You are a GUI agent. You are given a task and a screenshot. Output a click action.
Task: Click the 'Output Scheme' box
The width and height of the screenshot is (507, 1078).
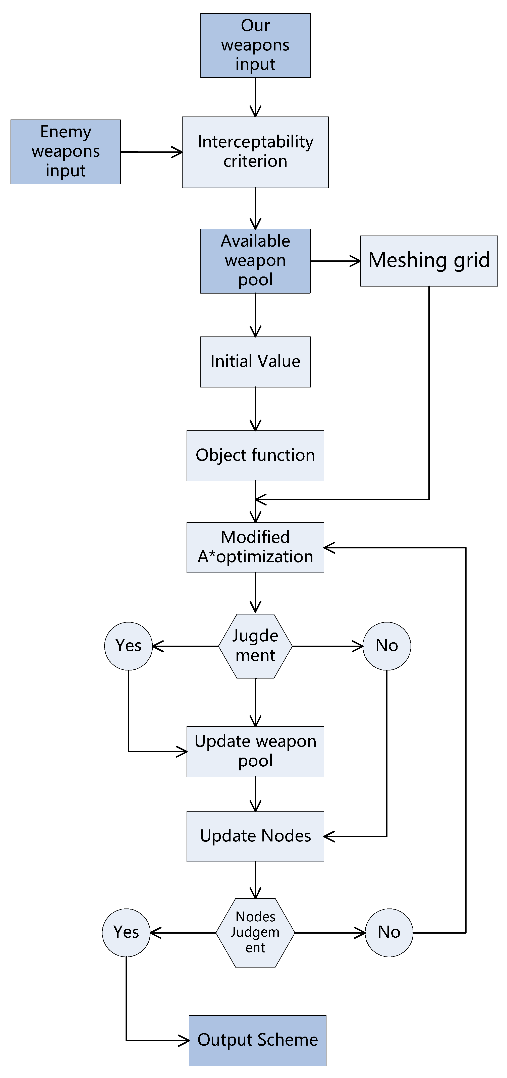[257, 1040]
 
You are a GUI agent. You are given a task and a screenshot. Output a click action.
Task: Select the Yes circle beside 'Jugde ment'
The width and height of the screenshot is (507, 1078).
[128, 646]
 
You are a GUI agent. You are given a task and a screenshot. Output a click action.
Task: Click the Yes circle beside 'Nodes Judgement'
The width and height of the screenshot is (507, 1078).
[126, 932]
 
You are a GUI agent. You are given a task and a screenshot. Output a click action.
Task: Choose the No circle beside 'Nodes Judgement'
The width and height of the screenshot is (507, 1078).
[389, 932]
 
